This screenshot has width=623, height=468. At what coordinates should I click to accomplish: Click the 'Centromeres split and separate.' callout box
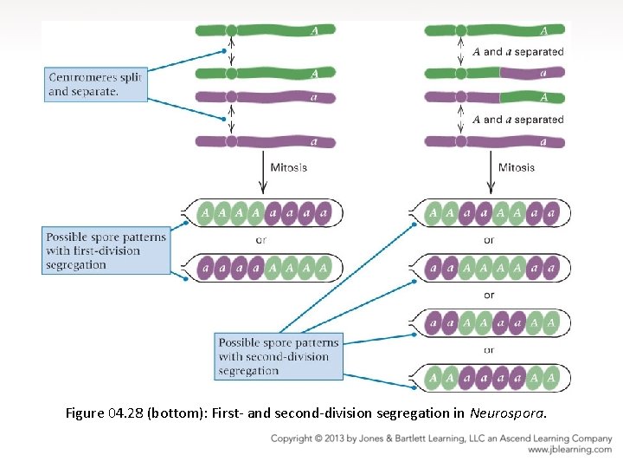[x=95, y=84]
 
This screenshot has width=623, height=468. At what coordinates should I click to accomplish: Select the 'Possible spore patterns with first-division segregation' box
[x=106, y=250]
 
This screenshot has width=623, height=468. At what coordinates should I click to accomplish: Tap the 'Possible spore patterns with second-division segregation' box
[x=278, y=356]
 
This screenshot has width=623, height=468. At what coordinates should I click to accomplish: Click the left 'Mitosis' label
[x=288, y=167]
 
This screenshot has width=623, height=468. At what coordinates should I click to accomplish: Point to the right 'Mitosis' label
[x=517, y=167]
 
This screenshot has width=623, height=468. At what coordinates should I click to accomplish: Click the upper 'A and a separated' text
[x=518, y=52]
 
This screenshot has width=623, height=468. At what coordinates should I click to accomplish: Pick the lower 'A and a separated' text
[x=518, y=120]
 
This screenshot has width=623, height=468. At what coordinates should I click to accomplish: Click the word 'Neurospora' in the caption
[x=508, y=413]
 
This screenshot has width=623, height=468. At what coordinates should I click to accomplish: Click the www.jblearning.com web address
[x=569, y=450]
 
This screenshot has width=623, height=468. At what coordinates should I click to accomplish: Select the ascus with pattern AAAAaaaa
[x=264, y=211]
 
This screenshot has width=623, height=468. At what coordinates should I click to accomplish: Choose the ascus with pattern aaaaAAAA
[x=264, y=269]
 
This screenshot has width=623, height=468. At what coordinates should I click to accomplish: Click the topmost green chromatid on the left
[x=265, y=30]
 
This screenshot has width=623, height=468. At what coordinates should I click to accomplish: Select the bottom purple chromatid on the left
[x=265, y=141]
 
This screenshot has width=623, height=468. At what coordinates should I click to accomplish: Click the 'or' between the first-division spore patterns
[x=261, y=240]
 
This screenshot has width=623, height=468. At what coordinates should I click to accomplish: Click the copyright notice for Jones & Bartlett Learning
[x=441, y=439]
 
